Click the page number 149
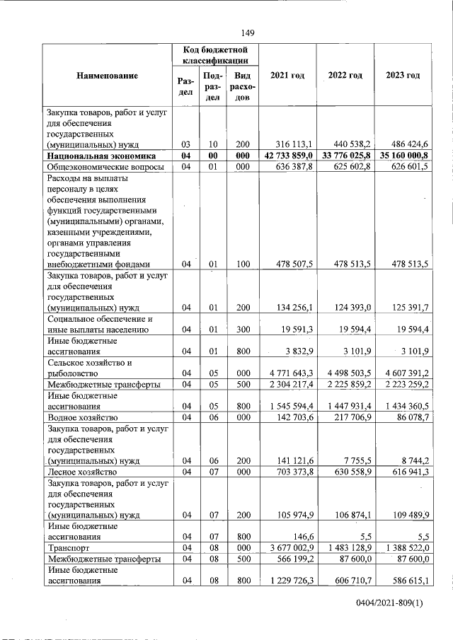coord(247,33)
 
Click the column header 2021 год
coord(287,76)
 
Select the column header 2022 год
coord(345,76)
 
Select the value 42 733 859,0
coord(287,156)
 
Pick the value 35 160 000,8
coord(404,156)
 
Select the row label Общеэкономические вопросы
coord(105,167)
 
